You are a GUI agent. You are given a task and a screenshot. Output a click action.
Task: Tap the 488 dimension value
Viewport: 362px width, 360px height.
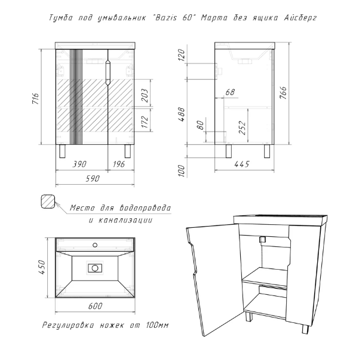[x=182, y=113]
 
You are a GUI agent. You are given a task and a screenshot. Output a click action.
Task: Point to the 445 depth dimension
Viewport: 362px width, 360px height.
[x=241, y=163]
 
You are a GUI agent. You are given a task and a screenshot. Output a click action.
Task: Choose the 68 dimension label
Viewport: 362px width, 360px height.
[x=229, y=92]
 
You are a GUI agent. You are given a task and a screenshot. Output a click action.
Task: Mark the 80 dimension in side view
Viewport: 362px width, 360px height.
[x=200, y=126]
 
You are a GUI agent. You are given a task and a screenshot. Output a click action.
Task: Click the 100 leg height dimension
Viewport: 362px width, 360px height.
[x=182, y=169]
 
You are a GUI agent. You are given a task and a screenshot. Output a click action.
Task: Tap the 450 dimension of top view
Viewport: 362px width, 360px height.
[x=42, y=266]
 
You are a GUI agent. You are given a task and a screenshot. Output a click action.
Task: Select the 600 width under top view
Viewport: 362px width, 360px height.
[x=94, y=306]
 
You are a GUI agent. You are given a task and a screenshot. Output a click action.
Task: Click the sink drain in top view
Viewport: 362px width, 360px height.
[x=95, y=268]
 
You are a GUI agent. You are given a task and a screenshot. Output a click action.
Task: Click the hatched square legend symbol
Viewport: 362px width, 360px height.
[x=48, y=202]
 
